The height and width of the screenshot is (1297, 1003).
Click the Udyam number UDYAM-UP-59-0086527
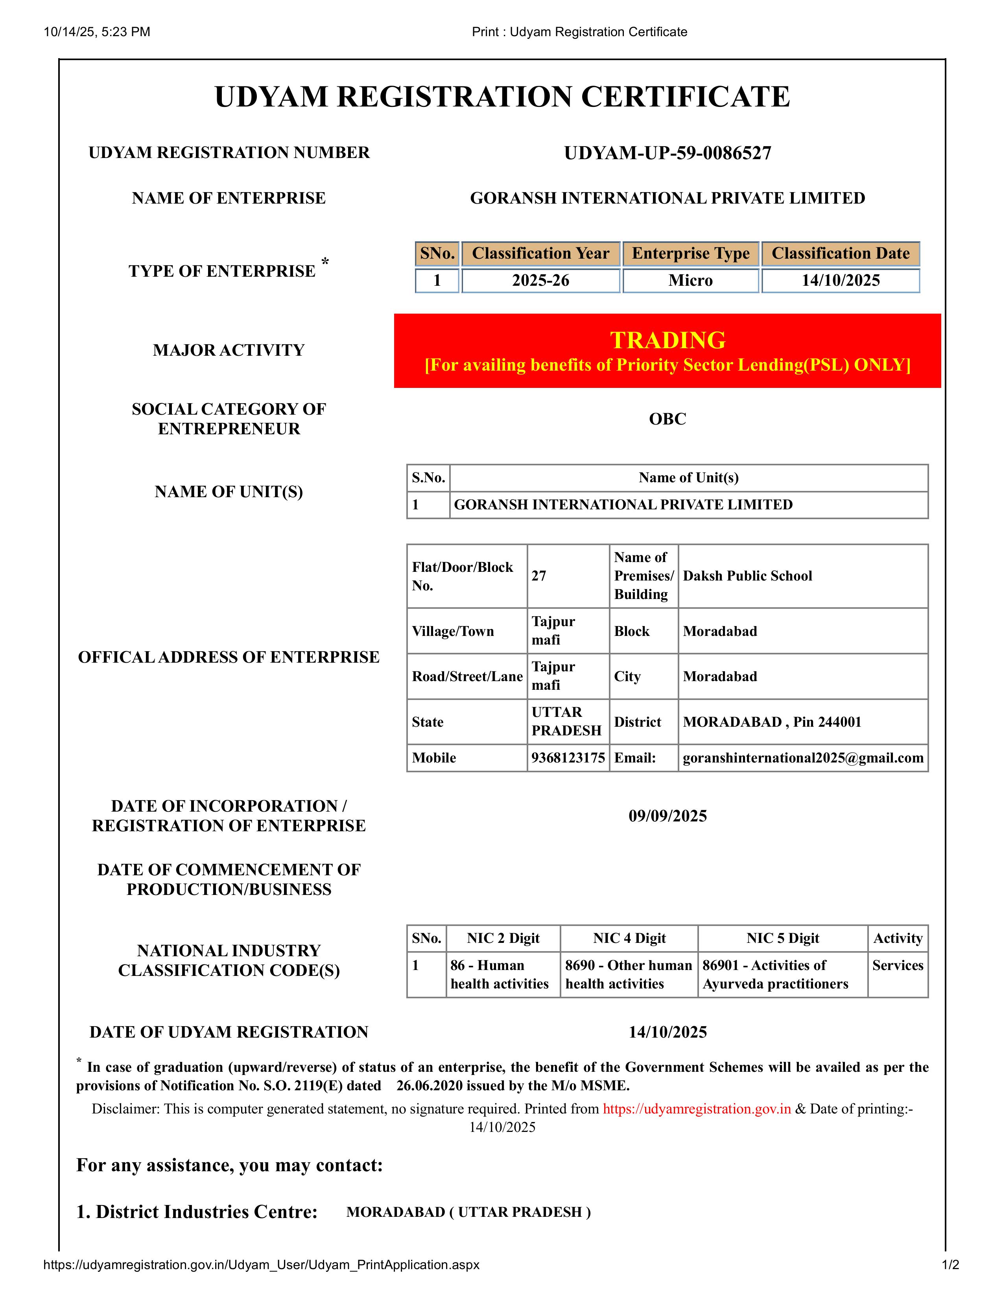tap(667, 153)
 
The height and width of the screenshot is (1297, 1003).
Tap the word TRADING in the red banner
tap(667, 340)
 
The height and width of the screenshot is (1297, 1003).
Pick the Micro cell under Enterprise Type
tap(690, 280)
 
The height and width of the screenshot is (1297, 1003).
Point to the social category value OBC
tap(667, 419)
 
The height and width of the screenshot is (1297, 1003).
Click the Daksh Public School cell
tap(747, 576)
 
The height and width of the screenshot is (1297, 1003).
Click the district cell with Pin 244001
tap(771, 722)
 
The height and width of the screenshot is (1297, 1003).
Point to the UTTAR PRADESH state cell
tap(566, 722)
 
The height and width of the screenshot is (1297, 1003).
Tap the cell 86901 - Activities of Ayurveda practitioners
tap(775, 975)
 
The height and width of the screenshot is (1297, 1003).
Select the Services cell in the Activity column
tap(897, 966)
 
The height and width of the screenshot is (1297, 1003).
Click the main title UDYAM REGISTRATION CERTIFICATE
tap(502, 97)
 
